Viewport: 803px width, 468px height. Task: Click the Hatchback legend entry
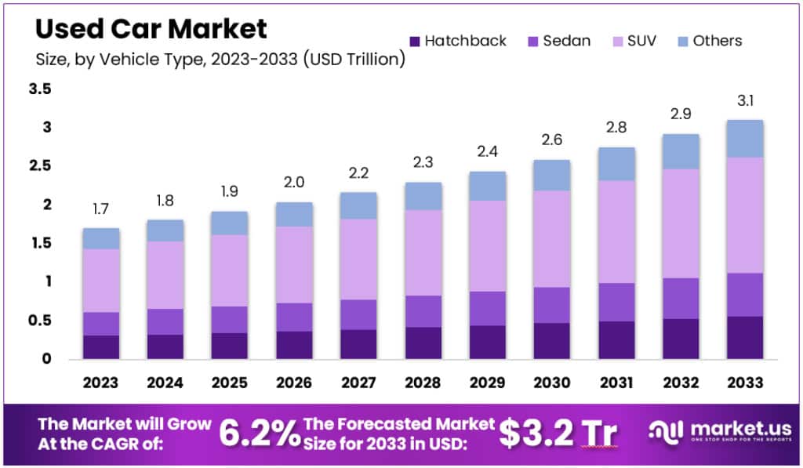click(458, 41)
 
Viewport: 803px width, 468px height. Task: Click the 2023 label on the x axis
click(100, 383)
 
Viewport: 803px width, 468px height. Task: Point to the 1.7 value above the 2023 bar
click(100, 209)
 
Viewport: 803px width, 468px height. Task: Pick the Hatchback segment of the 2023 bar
click(100, 347)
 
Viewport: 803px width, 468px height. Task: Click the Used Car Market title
click(151, 29)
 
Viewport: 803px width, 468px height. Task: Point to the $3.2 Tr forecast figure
click(558, 432)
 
